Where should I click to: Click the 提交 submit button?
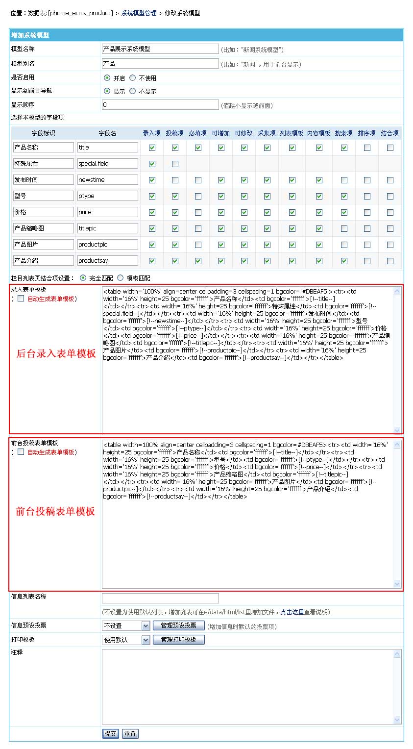point(111,733)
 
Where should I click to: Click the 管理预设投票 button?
point(178,625)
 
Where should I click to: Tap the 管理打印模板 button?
point(178,640)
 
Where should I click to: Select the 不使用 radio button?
point(133,78)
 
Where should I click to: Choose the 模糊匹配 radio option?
point(121,278)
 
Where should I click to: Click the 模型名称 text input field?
point(160,49)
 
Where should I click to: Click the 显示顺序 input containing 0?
point(160,105)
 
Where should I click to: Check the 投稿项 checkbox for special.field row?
point(175,164)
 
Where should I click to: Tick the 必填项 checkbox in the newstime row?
point(198,180)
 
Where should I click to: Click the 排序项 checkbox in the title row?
point(367,148)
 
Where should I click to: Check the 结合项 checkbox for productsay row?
point(390,261)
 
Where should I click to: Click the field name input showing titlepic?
point(108,228)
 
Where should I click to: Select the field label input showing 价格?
point(44,212)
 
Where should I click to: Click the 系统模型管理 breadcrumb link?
point(139,13)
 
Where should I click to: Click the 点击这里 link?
point(292,612)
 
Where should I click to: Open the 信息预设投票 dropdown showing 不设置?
point(126,626)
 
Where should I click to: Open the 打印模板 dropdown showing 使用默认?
point(126,640)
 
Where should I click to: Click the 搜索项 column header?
point(343,133)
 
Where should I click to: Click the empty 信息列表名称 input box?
point(160,598)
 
